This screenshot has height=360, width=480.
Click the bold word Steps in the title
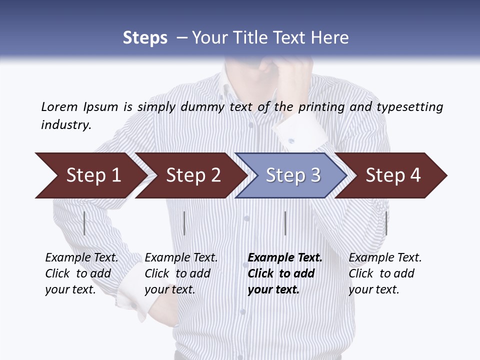(145, 38)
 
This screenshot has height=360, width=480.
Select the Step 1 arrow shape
(90, 175)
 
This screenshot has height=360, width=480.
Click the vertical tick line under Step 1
(84, 223)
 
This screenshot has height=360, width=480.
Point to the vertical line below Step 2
(184, 223)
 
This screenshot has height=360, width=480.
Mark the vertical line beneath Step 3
(285, 223)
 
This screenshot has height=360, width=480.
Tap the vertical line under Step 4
(386, 223)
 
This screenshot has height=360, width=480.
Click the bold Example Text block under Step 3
(285, 273)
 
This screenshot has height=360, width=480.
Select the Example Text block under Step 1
(81, 273)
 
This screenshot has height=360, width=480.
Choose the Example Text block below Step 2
(181, 273)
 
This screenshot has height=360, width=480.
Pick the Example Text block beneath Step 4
(385, 273)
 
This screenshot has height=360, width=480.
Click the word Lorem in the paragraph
(59, 106)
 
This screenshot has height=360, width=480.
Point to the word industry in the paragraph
(66, 124)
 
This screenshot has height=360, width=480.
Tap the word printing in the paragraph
(323, 106)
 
